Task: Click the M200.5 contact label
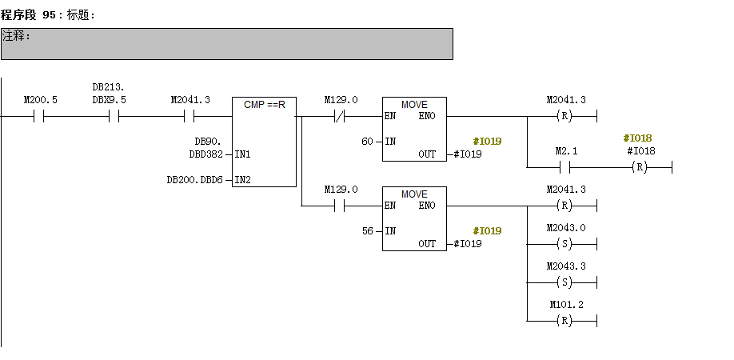(x=40, y=100)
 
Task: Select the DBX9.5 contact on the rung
(x=114, y=116)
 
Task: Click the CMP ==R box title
(x=264, y=105)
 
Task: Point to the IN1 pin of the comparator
(x=242, y=154)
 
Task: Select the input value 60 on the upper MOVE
(x=367, y=141)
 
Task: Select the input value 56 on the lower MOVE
(x=367, y=230)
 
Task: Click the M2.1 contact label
(x=566, y=151)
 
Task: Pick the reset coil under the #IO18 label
(x=640, y=167)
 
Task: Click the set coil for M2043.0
(x=566, y=244)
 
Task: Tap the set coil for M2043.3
(x=566, y=282)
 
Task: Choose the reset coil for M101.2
(x=566, y=321)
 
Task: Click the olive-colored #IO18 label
(x=637, y=138)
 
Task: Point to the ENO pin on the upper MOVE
(x=427, y=116)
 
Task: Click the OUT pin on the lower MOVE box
(x=427, y=244)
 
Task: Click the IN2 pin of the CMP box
(x=242, y=180)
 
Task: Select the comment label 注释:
(x=16, y=36)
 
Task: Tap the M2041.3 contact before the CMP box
(x=190, y=116)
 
